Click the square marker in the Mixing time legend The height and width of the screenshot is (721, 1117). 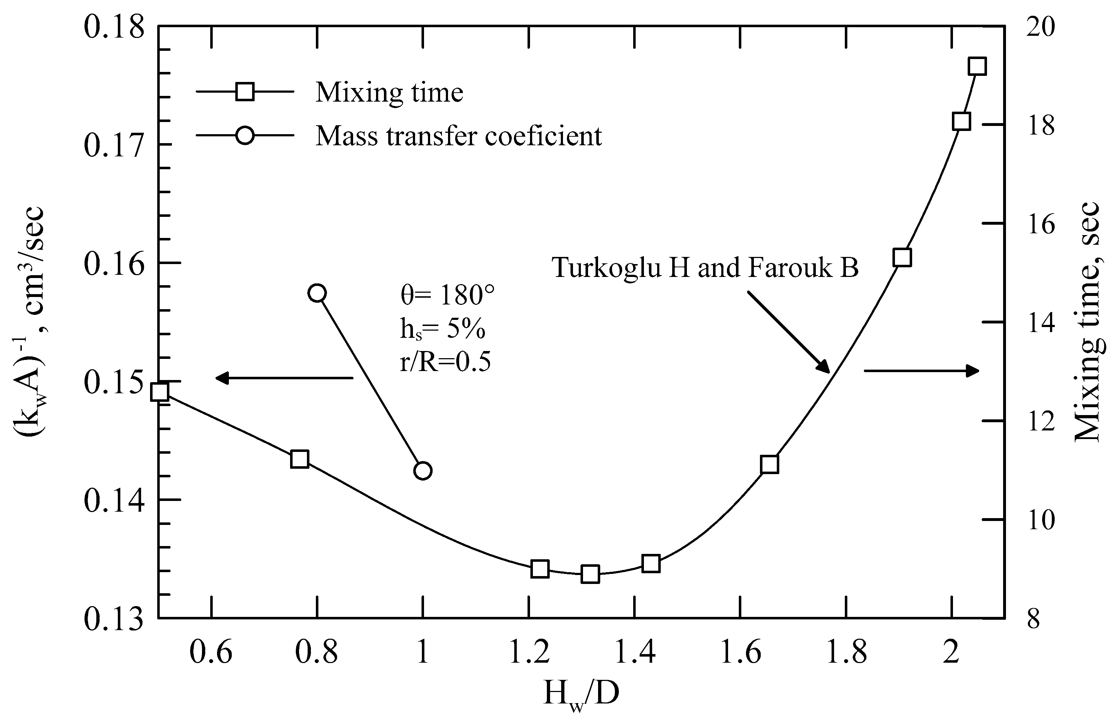pos(245,92)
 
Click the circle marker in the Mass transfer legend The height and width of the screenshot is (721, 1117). pos(245,136)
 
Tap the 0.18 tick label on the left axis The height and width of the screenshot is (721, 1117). pos(114,27)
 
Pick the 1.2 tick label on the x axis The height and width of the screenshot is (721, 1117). pos(529,652)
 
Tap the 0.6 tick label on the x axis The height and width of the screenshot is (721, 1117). pos(211,652)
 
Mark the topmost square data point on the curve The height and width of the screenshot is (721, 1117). pos(977,67)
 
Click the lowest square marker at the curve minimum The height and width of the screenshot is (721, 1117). pos(590,574)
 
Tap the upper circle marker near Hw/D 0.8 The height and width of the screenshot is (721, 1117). pos(317,293)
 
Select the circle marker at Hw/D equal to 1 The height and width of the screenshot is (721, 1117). pos(423,471)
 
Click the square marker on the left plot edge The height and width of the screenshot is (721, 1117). pos(160,392)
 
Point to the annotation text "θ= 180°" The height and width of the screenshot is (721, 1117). pos(447,296)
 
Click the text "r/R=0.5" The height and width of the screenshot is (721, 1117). pos(445,362)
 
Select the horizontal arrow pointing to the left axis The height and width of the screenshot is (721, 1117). pos(284,377)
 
